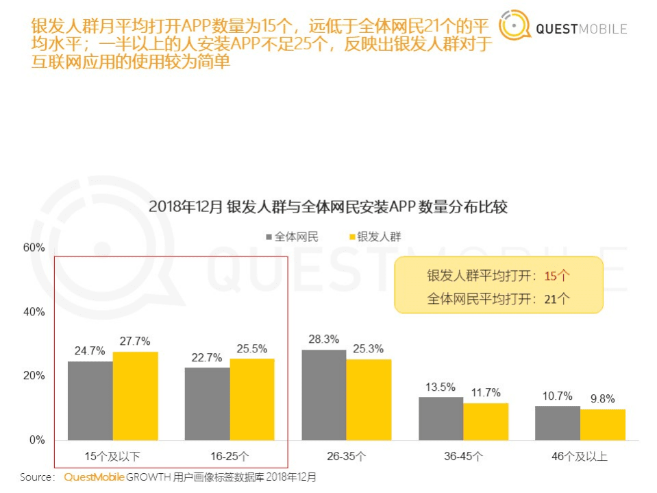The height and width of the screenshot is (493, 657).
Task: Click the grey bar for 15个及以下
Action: [90, 400]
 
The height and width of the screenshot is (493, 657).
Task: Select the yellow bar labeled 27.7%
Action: [135, 396]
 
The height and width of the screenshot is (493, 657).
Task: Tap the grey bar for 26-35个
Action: [324, 395]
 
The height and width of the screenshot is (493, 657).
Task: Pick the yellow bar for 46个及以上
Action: [603, 424]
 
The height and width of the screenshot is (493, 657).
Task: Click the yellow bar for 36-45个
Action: [486, 421]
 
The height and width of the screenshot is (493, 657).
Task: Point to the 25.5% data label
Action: [251, 348]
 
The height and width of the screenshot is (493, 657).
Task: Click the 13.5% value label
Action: [441, 387]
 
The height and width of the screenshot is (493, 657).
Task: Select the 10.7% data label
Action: [557, 396]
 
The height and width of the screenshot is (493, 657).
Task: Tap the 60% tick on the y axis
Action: [34, 248]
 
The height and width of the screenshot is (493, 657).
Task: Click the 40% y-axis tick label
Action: [34, 312]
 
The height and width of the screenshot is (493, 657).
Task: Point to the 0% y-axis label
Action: [37, 440]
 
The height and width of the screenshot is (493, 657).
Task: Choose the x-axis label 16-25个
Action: [230, 456]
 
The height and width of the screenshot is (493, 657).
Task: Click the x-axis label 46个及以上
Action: [580, 456]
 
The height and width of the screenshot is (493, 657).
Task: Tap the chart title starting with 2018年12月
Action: [328, 206]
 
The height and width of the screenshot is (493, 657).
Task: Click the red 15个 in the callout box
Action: [557, 276]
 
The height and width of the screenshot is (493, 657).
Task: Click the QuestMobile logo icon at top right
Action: [515, 27]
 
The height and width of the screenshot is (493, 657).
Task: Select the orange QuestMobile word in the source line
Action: [95, 477]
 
